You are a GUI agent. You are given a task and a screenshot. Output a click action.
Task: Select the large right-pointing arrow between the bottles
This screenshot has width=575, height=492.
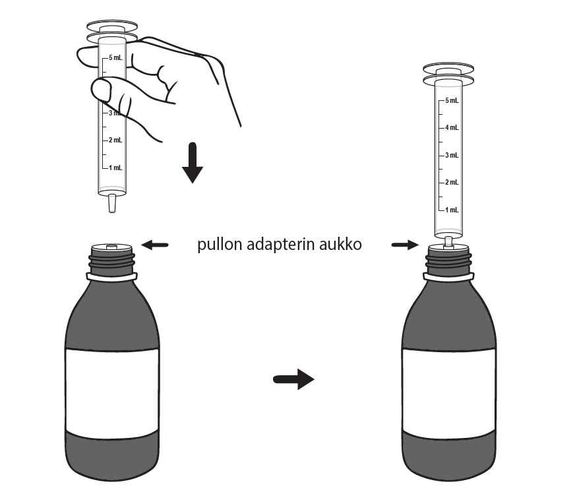(293, 379)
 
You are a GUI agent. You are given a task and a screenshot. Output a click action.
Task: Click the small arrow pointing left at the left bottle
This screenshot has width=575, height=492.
(156, 245)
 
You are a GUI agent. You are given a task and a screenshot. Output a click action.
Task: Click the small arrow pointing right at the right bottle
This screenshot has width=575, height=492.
(404, 245)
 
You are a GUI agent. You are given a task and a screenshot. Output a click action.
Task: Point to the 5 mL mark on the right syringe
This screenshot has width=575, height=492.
(451, 100)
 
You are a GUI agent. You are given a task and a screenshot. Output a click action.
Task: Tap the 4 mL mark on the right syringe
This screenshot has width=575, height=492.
(451, 127)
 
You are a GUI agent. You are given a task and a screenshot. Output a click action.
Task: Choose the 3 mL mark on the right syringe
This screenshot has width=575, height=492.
(451, 155)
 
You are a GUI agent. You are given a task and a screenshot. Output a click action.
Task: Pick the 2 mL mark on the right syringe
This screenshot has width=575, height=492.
(451, 182)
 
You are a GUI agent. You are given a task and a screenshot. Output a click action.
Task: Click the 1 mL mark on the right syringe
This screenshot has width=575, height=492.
(451, 210)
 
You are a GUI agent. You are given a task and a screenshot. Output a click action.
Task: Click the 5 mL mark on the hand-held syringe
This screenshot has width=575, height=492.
(115, 58)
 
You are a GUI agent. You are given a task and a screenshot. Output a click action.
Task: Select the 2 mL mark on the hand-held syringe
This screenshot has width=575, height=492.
(115, 140)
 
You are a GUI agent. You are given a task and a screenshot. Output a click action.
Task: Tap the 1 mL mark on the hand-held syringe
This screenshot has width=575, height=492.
(115, 168)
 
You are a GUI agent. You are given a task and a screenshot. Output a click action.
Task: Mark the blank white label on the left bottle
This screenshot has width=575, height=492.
(112, 389)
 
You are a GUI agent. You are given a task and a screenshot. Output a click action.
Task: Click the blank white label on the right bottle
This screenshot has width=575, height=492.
(449, 389)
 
